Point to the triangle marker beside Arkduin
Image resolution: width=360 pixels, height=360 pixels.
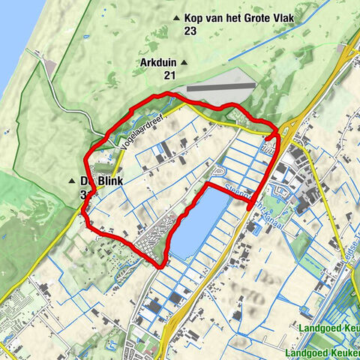click(x=184, y=62)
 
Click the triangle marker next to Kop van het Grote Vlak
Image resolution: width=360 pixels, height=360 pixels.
click(x=177, y=18)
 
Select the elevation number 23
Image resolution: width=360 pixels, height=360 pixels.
click(x=193, y=31)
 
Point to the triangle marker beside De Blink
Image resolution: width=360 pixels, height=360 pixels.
click(x=72, y=181)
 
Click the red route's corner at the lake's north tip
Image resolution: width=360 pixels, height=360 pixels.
click(x=208, y=183)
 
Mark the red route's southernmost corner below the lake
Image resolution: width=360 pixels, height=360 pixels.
click(x=163, y=266)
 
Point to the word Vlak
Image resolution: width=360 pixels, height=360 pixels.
click(x=271, y=17)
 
